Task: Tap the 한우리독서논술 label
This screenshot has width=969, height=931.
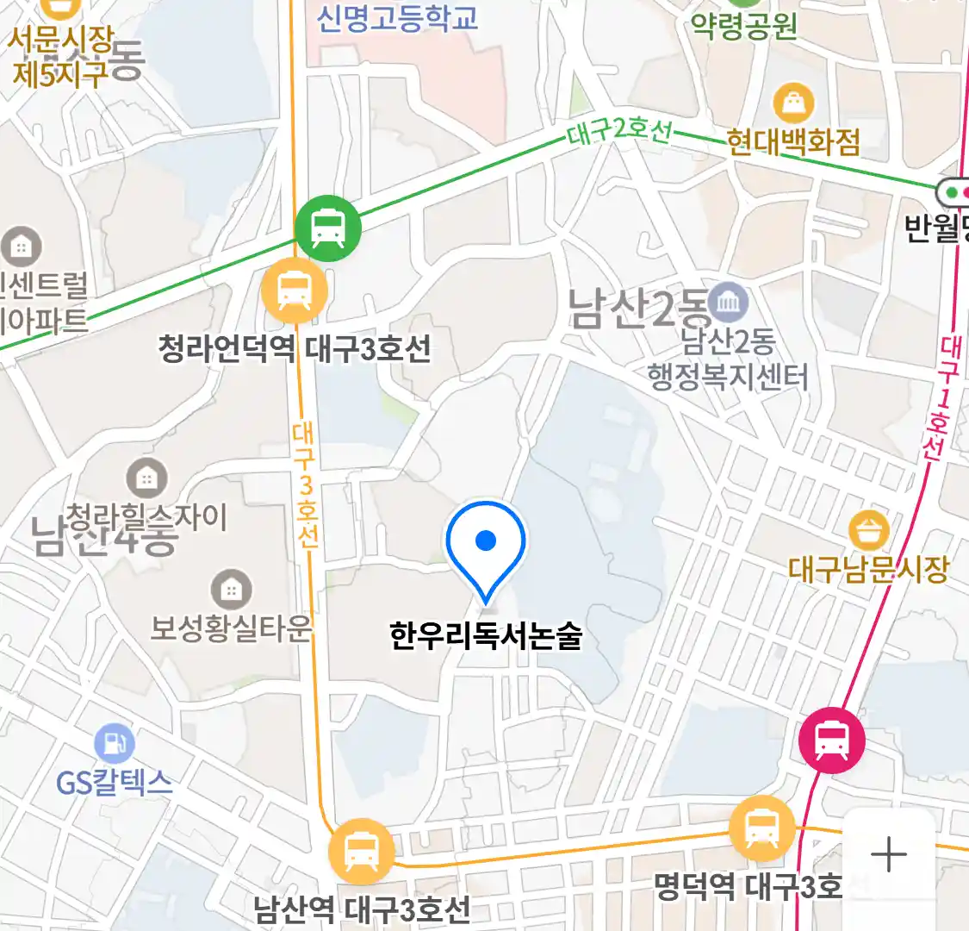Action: click(x=486, y=636)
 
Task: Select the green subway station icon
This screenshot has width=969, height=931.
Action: click(x=327, y=228)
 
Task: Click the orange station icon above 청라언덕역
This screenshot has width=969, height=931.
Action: click(x=295, y=291)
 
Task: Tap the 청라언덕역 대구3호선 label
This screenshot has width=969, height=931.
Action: click(x=295, y=349)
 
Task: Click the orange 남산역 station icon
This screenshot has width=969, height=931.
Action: click(x=361, y=851)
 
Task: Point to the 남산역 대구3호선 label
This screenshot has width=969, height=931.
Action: click(x=362, y=909)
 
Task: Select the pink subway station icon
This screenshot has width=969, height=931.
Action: click(x=831, y=740)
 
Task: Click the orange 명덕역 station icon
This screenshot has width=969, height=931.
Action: click(x=761, y=829)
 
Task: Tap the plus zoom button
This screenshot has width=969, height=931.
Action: click(x=888, y=855)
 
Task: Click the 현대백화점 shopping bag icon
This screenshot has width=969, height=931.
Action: click(x=793, y=103)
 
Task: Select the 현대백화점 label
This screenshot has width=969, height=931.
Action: click(x=793, y=141)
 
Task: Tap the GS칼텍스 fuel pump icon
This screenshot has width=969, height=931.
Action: click(x=114, y=744)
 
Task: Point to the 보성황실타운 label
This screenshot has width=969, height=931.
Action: click(x=231, y=628)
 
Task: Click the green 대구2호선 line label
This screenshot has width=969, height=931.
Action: click(x=618, y=132)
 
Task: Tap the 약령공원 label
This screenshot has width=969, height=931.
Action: click(x=744, y=26)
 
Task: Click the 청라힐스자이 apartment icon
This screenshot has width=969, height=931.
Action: click(x=147, y=478)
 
